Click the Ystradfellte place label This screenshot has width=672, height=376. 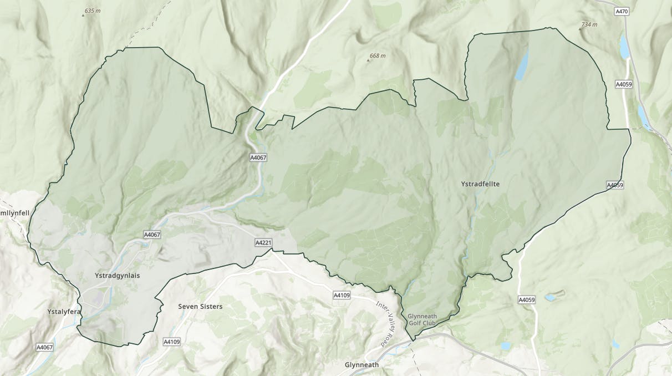tap(480, 184)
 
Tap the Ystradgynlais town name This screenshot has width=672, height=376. tap(118, 276)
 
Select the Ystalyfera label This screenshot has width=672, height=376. tap(64, 312)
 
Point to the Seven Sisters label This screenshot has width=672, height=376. tap(200, 306)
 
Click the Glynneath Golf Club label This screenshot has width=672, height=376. tap(422, 320)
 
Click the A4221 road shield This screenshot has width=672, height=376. tap(263, 243)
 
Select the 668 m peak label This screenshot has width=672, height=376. tap(377, 56)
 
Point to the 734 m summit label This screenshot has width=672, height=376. tap(589, 24)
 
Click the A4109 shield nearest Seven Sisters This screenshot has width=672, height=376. tap(172, 342)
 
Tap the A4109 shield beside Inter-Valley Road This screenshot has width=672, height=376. tap(342, 295)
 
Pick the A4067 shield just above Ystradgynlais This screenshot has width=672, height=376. tap(152, 235)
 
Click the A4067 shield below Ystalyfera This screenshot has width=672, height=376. tap(45, 348)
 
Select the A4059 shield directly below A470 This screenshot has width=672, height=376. tap(624, 84)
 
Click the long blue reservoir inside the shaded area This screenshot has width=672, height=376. tap(522, 65)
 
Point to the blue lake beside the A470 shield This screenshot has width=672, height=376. tap(625, 47)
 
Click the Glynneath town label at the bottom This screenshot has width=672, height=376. tap(362, 365)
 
